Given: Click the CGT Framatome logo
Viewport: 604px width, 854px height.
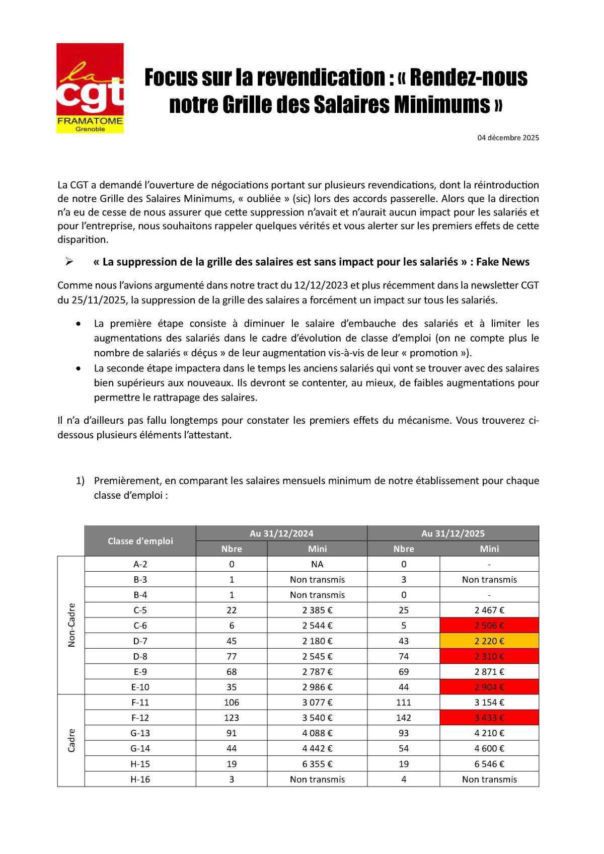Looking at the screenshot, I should [x=90, y=88].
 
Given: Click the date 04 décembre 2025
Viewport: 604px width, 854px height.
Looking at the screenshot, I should [x=508, y=137].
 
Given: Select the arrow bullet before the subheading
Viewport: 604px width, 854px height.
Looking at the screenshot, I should [x=69, y=262].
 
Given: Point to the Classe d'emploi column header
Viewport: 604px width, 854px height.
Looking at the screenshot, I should [x=140, y=541].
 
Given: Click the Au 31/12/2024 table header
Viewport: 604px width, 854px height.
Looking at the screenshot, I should [x=281, y=533].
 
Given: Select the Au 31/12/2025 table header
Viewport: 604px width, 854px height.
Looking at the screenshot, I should [x=453, y=533].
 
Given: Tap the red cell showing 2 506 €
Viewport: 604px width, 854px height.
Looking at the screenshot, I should [x=489, y=626].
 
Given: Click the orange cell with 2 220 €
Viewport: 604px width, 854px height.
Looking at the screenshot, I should [x=489, y=641].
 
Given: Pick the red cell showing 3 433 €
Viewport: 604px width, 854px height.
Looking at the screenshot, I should [x=489, y=718].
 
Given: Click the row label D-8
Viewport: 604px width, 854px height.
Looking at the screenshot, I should [x=140, y=656].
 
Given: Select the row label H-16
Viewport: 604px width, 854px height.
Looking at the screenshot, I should [x=140, y=779].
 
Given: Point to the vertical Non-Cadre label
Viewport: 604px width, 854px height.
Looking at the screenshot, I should [x=71, y=625].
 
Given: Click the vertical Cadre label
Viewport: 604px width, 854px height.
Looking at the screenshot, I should [x=71, y=740].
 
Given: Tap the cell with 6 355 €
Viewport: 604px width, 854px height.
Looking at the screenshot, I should [x=317, y=764].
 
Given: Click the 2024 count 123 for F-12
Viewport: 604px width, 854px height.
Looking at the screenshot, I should [x=232, y=718].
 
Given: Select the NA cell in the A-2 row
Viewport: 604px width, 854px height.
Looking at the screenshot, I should [x=317, y=564].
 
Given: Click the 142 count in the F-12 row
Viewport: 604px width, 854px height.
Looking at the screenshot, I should [x=404, y=718].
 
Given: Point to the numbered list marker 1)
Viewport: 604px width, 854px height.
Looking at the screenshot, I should [x=81, y=481].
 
